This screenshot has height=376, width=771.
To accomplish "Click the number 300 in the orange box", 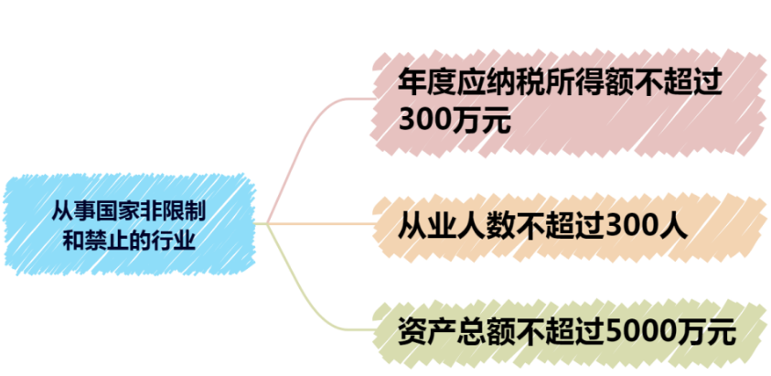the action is (635, 227).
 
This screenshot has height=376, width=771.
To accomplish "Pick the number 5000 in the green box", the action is (642, 333).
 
